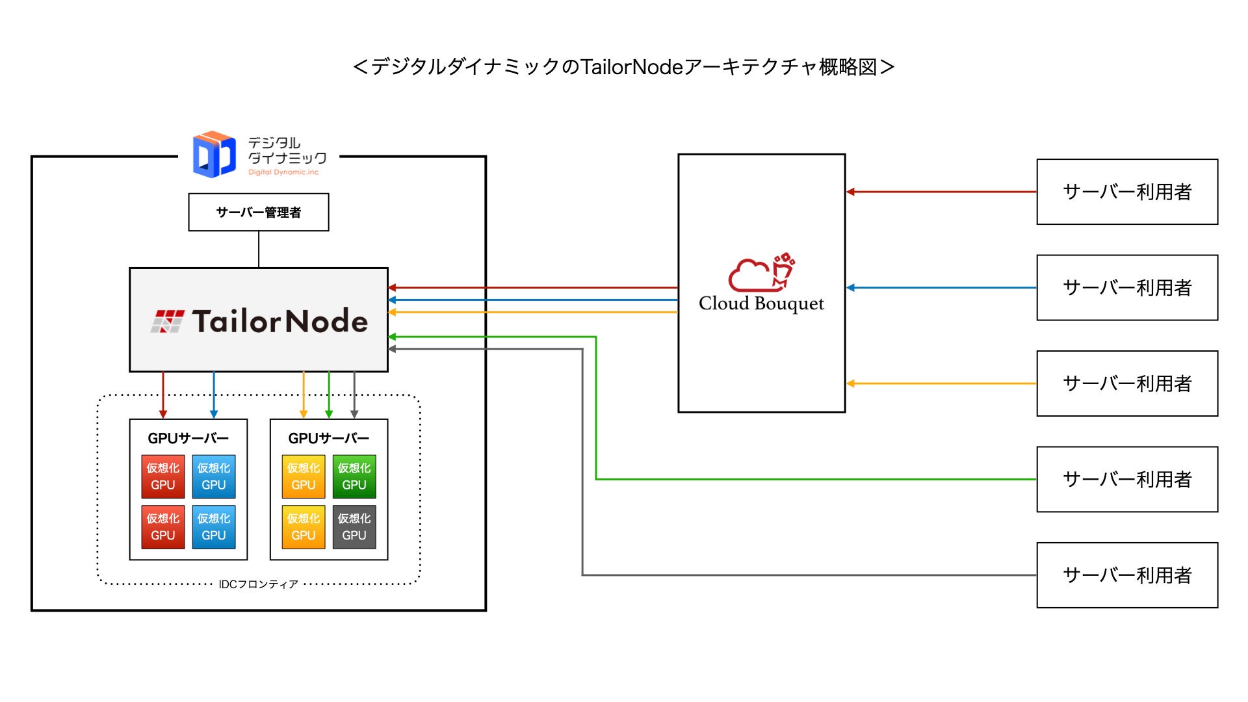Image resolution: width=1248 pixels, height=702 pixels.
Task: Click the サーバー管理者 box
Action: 259,212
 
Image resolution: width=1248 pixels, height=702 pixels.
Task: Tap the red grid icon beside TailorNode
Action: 167,321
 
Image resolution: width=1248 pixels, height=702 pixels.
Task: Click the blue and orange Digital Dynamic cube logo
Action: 214,155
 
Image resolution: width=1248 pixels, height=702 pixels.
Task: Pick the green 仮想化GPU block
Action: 354,476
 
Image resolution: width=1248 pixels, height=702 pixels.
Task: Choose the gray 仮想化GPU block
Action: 354,527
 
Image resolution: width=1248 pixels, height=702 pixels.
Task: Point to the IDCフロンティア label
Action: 258,584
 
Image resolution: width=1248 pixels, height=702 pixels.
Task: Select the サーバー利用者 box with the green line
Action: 1127,479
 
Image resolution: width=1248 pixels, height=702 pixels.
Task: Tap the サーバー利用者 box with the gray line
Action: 1127,575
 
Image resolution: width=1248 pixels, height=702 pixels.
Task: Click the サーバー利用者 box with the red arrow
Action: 1127,192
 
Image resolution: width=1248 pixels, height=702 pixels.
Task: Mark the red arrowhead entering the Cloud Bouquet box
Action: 850,192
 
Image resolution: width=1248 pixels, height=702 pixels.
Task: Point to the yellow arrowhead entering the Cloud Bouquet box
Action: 850,383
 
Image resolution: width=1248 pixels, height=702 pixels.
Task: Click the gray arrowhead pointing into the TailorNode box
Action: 392,349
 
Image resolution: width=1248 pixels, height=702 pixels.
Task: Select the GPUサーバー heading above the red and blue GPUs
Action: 188,438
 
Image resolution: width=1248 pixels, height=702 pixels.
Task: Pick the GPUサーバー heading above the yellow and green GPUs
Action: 328,438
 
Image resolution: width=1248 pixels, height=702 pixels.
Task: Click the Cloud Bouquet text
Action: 761,304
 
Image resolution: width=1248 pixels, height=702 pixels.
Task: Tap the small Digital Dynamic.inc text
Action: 283,172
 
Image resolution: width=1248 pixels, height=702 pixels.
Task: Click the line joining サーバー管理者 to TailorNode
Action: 259,249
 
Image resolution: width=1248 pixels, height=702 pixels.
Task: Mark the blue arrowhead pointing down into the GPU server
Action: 214,414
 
